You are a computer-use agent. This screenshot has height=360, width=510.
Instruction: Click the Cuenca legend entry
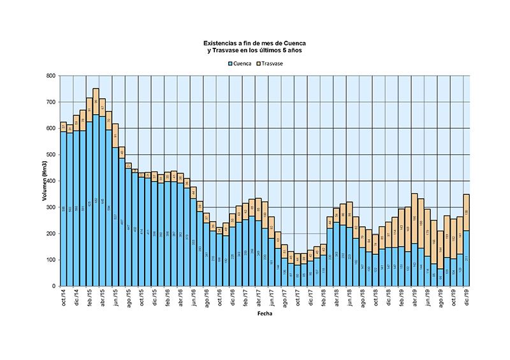[x=242, y=64]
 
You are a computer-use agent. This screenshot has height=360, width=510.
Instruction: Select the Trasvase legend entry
[x=272, y=64]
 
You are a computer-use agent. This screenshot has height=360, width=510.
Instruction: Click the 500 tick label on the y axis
[x=50, y=155]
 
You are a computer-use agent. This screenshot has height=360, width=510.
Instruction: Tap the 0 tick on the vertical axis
[x=54, y=286]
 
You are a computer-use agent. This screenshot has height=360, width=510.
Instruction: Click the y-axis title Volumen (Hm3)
[x=45, y=182]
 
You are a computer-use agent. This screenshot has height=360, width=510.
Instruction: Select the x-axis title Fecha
[x=265, y=314]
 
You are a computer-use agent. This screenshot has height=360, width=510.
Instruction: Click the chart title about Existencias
[x=255, y=47]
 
